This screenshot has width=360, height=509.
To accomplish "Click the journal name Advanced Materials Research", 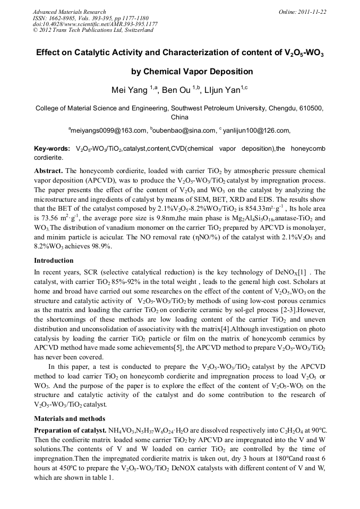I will coord(69,12).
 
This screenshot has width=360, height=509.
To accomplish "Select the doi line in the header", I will coord(95,24).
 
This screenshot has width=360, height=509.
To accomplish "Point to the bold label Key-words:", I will coord(52,149).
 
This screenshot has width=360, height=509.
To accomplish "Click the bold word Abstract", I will coord(49,171).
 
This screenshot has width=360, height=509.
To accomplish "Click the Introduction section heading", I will coord(54,261).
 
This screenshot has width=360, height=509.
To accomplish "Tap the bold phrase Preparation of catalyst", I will coord(69,429).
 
